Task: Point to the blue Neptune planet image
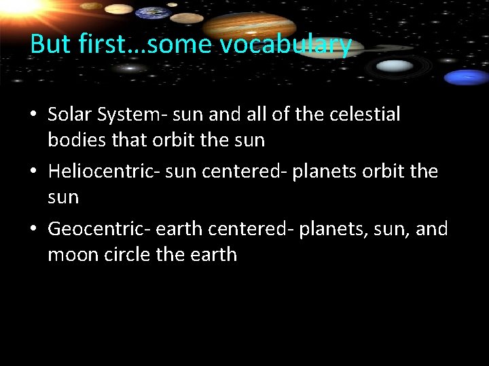467,77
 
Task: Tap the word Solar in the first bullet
71,115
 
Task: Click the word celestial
365,115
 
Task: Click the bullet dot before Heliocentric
33,172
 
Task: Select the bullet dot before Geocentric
33,230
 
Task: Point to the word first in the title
102,45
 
